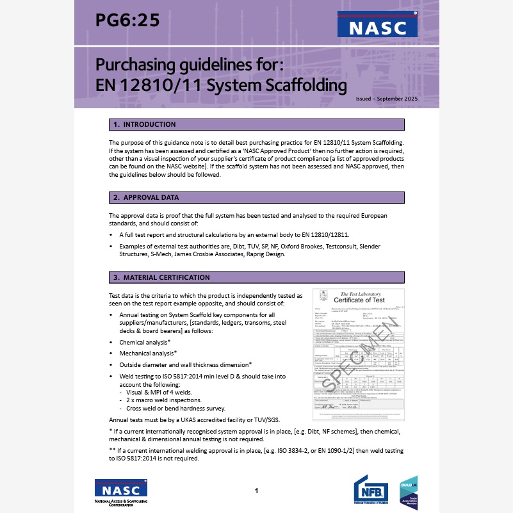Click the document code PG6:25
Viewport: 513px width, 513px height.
[127, 20]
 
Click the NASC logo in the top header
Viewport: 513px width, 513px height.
[377, 26]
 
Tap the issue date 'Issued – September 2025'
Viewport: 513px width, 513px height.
[386, 99]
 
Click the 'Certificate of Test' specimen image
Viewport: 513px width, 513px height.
[357, 346]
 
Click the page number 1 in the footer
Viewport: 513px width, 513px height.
[256, 491]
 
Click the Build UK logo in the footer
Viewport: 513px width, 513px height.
[409, 493]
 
